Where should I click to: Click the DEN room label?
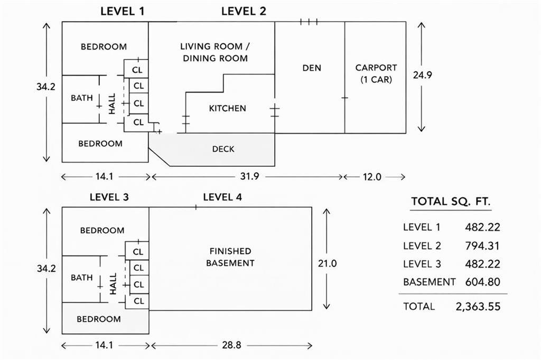tap(312, 68)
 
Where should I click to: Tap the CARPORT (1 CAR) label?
tap(376, 73)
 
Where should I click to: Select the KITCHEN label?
tap(228, 109)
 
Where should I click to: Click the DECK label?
tap(223, 149)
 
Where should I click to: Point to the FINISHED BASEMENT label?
tap(230, 257)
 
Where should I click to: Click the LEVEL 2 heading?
tap(244, 11)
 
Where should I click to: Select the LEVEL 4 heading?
tap(222, 197)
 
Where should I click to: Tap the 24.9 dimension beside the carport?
tap(423, 75)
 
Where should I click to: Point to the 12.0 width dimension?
tap(371, 177)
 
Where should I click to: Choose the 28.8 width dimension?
tap(230, 346)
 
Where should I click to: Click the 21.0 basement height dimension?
tap(327, 263)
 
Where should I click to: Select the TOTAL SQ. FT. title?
tap(451, 201)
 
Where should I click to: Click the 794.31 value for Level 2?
tap(482, 246)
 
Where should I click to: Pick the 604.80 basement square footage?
tap(482, 282)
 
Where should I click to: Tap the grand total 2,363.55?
tap(478, 307)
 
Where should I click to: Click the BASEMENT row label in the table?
tap(429, 282)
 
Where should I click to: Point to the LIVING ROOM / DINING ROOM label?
tap(215, 52)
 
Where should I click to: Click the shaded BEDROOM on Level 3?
tap(99, 319)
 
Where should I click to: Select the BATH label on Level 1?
tap(82, 98)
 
